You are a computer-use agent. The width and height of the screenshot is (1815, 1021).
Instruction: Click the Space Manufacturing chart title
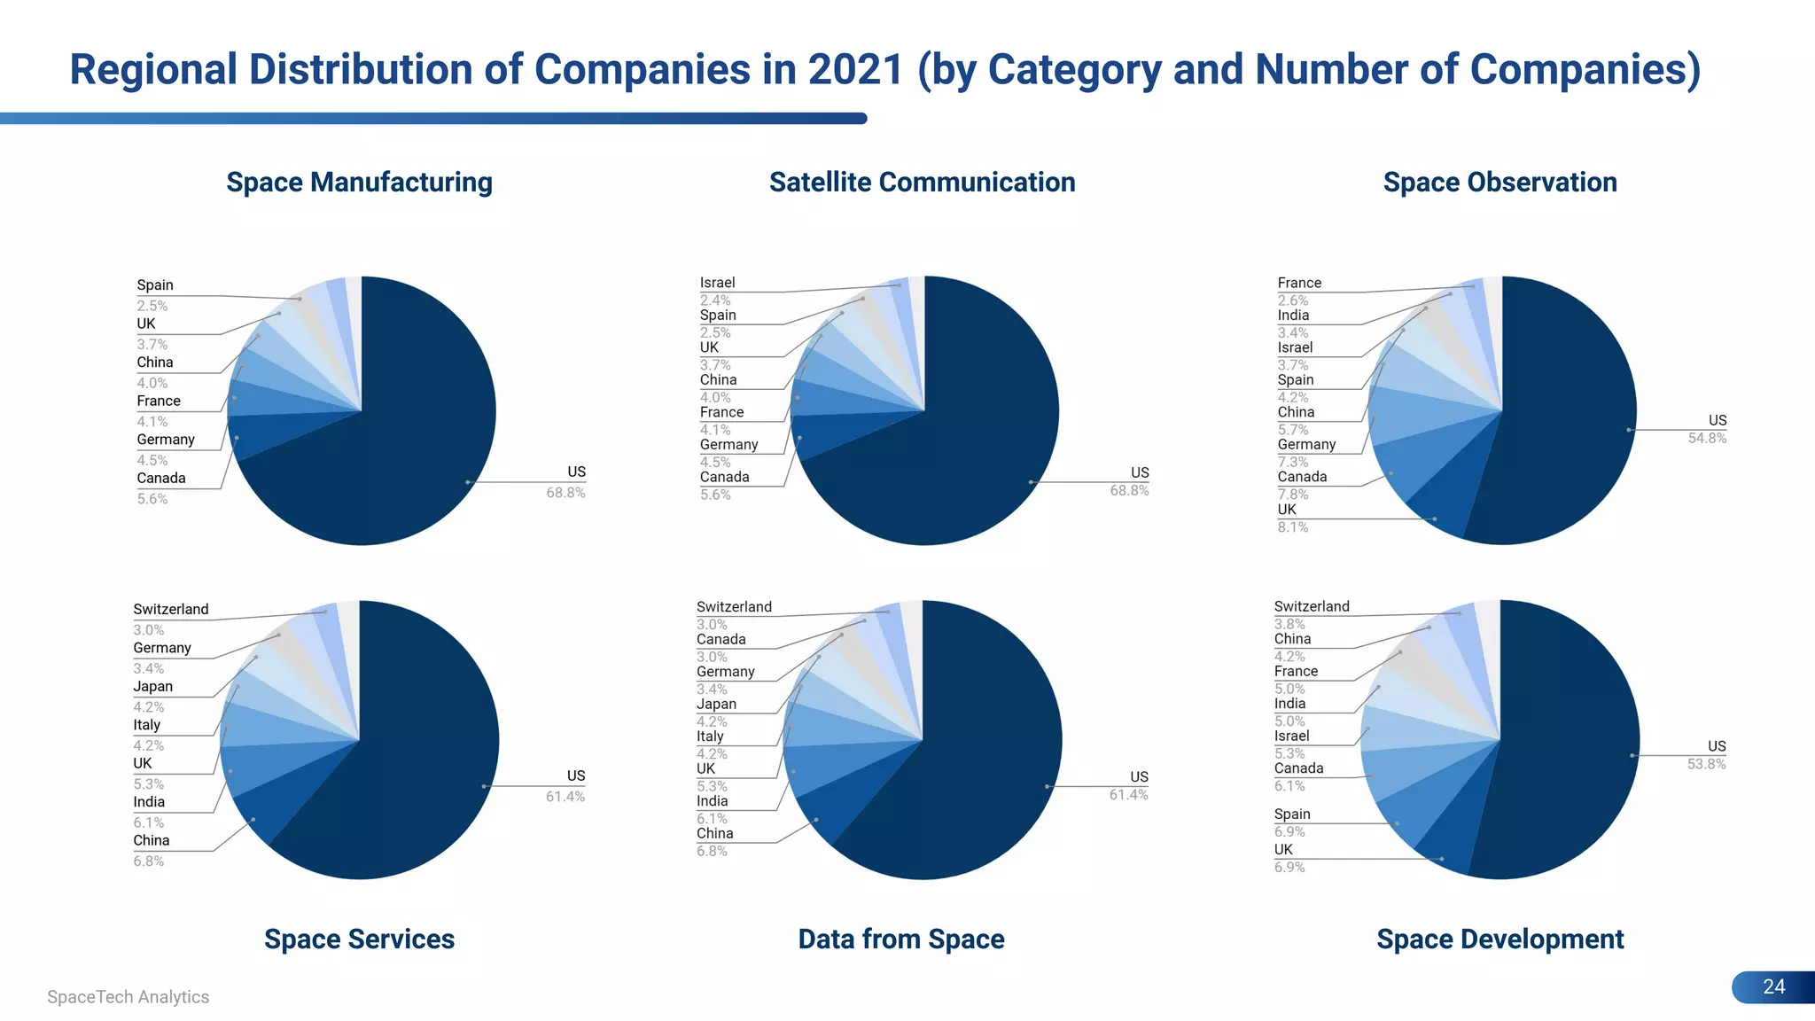[x=359, y=182]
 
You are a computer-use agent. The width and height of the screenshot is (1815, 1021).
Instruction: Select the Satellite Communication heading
[x=922, y=182]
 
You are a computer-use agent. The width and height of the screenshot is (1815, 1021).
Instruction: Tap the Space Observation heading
[x=1500, y=182]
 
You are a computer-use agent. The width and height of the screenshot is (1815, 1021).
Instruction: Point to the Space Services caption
[x=359, y=939]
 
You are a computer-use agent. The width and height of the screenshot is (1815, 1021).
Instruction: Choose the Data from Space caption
[x=900, y=939]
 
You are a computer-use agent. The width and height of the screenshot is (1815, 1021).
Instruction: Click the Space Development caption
[x=1500, y=939]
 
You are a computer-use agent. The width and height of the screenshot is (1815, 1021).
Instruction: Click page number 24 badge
[x=1772, y=986]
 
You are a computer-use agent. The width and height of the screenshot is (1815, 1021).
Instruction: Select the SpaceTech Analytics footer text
[x=129, y=996]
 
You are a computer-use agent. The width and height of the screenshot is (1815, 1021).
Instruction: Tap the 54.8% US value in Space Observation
[x=1707, y=438]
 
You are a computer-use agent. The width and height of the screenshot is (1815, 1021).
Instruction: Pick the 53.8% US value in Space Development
[x=1706, y=764]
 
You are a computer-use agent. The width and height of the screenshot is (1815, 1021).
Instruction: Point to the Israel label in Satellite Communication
[x=717, y=283]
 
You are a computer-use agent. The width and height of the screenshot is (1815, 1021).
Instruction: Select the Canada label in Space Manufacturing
[x=161, y=478]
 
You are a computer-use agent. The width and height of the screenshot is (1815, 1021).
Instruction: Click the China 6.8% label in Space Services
[x=151, y=849]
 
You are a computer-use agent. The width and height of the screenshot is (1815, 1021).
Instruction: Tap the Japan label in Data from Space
[x=716, y=704]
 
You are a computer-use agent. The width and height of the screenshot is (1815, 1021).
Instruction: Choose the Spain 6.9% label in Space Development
[x=1291, y=822]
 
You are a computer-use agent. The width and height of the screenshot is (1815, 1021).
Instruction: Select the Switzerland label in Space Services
[x=171, y=609]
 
